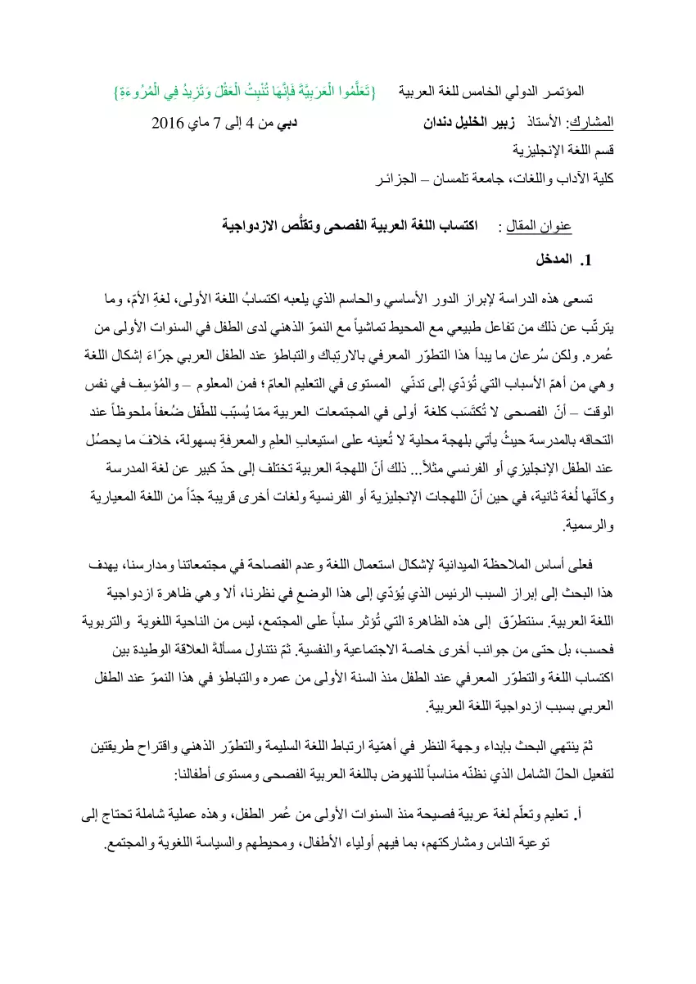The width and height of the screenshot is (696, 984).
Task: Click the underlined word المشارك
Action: click(x=600, y=125)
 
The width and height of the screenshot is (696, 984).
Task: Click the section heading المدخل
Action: click(x=552, y=264)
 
